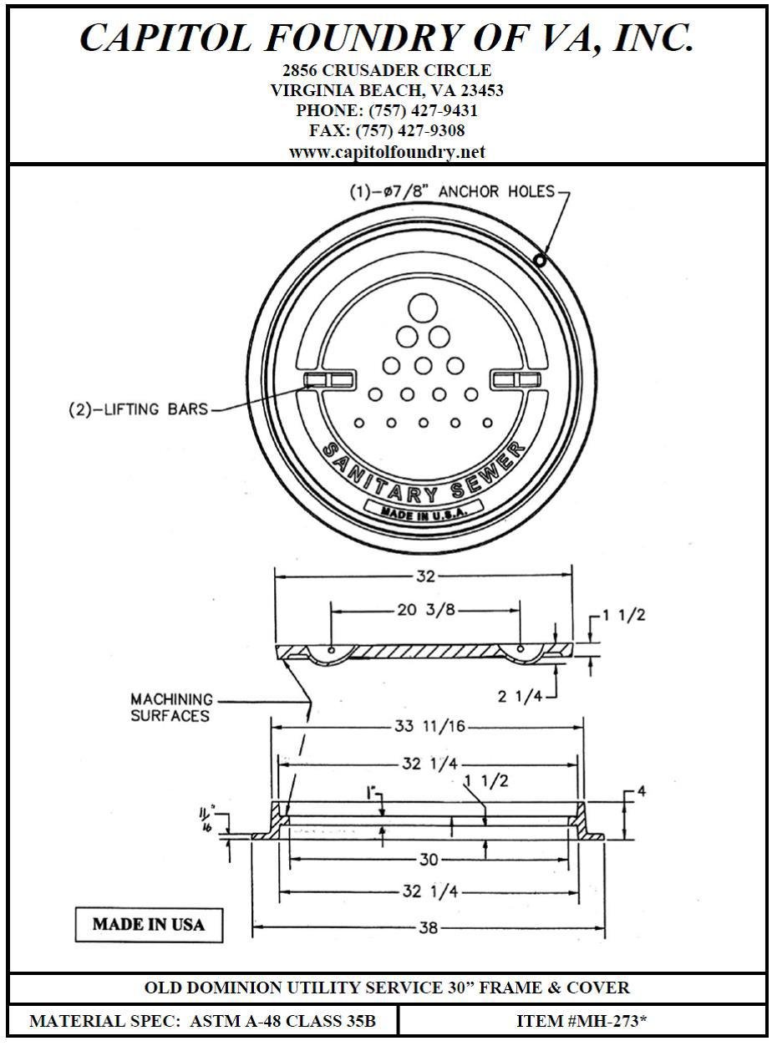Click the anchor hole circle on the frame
click(540, 260)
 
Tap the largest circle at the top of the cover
click(423, 308)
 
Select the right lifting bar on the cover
click(517, 379)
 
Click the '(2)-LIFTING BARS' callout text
click(138, 409)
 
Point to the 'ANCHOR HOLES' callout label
click(496, 191)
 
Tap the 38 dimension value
click(429, 928)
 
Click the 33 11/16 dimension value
click(429, 726)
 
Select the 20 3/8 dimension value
click(426, 610)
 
